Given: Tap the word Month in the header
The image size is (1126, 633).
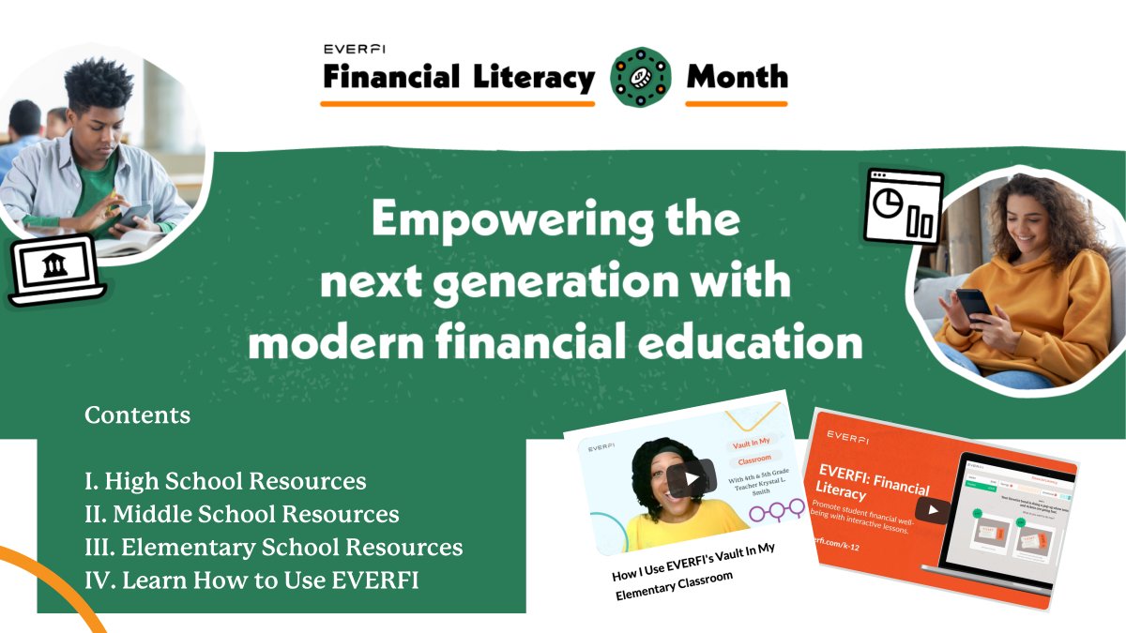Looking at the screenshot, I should pos(737,77).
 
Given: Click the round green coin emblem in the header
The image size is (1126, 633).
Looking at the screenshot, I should pos(641,77).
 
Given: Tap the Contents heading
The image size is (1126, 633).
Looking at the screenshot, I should pos(137,414).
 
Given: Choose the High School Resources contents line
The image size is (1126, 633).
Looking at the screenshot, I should pos(225,482).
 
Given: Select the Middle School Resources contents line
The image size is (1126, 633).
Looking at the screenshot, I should pos(241,515).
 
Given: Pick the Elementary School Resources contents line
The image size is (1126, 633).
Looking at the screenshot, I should pos(273,548).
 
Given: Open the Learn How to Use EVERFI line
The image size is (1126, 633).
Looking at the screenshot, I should pos(251,580).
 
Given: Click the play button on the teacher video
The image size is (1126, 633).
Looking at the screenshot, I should pos(692,478).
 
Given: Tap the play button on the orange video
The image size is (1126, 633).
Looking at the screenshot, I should pos(932,510).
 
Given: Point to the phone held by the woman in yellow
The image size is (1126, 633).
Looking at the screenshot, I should pos(972,302).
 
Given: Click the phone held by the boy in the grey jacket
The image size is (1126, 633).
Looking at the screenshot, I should pos(135,213).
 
